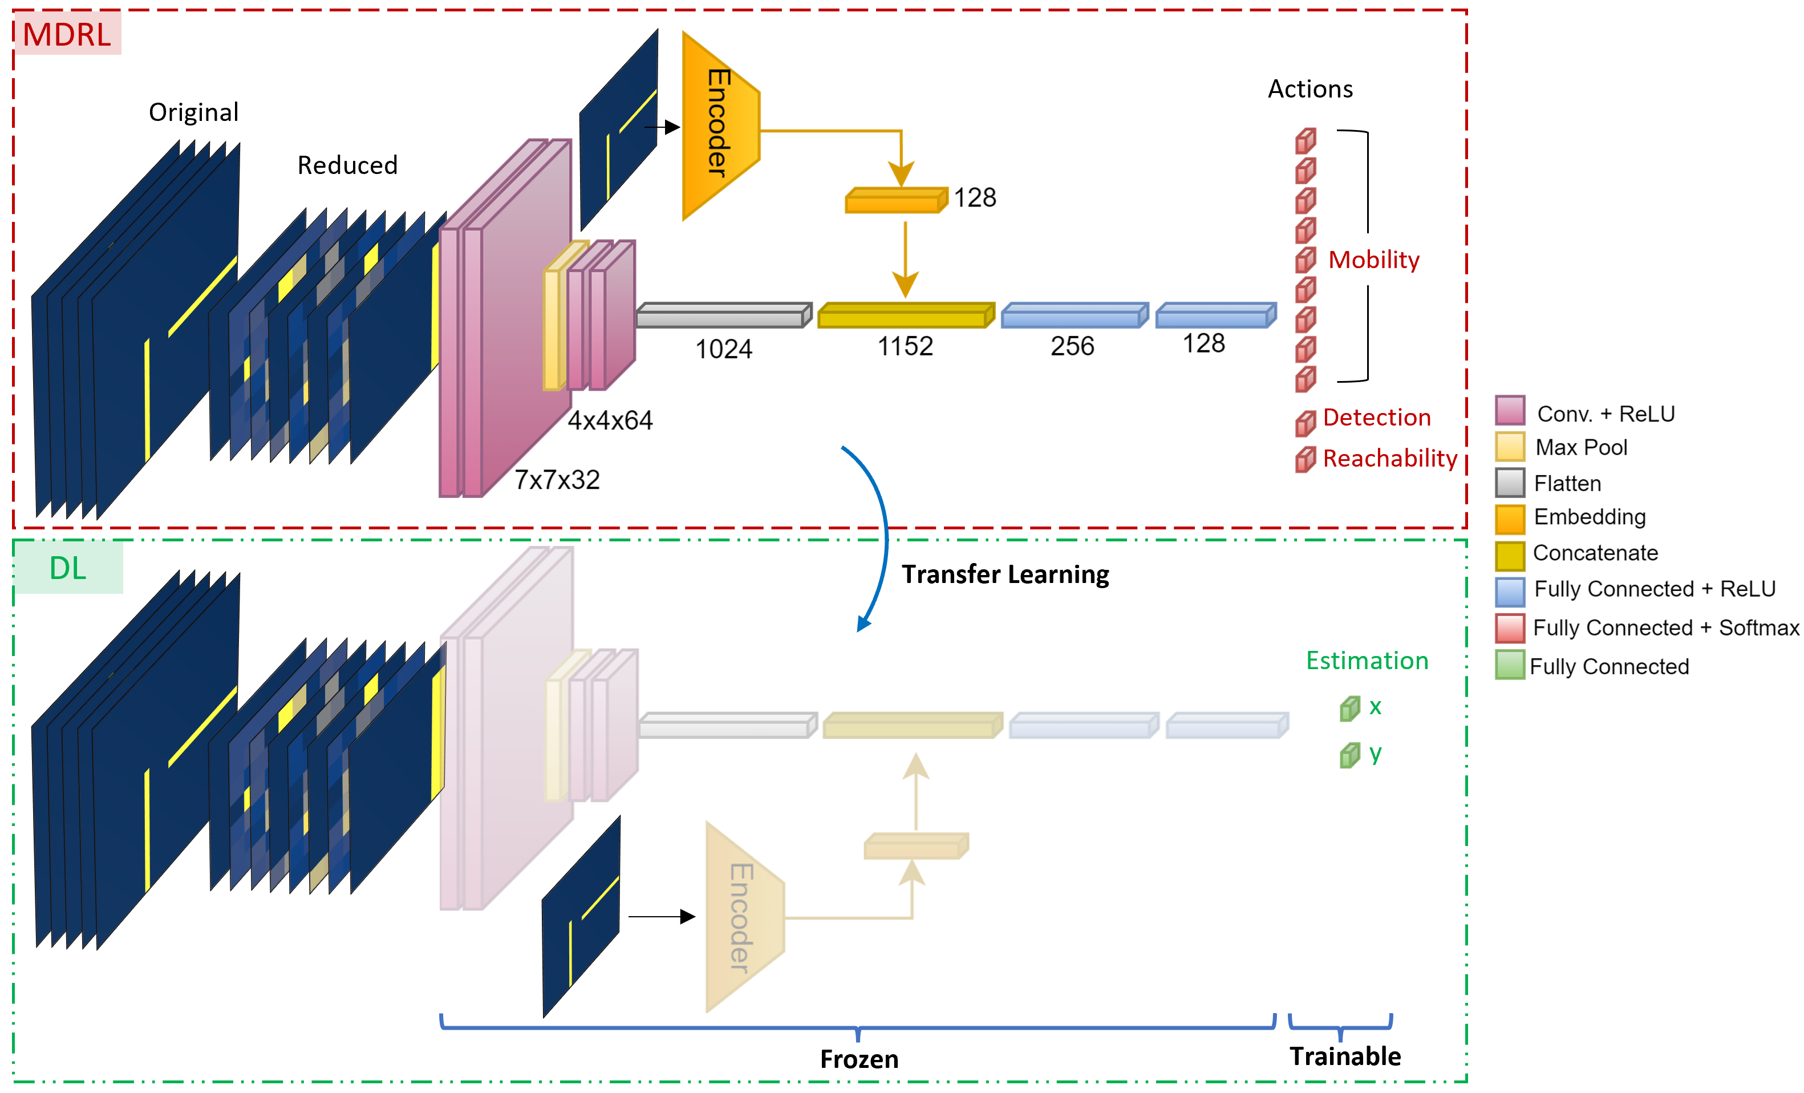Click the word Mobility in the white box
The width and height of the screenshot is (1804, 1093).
(1373, 260)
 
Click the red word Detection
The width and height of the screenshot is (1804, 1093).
(1376, 417)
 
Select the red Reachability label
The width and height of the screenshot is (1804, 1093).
(1389, 458)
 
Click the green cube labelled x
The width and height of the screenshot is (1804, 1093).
(1349, 709)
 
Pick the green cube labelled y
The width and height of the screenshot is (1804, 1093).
(1349, 755)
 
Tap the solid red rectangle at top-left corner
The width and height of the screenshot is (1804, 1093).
(67, 32)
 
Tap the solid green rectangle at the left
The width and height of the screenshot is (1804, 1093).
(67, 566)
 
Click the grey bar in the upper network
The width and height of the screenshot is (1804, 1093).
(723, 315)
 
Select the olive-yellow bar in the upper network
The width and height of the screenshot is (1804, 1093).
(905, 315)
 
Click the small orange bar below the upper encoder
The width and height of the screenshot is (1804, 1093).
(896, 201)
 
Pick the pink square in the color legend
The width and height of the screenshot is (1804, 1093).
(1510, 410)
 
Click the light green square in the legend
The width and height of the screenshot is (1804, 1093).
(1510, 665)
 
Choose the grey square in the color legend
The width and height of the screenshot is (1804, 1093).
(1510, 483)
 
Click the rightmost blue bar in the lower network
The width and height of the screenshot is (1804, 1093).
(1226, 726)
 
